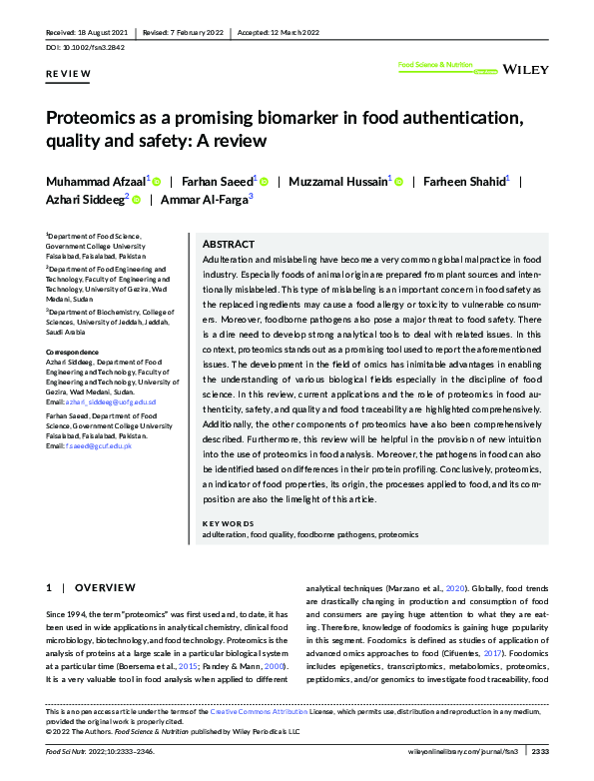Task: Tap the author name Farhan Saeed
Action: [217, 182]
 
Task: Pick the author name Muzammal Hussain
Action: [339, 182]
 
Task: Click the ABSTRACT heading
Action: [229, 244]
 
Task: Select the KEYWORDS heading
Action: [228, 524]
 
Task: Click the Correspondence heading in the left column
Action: [73, 353]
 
